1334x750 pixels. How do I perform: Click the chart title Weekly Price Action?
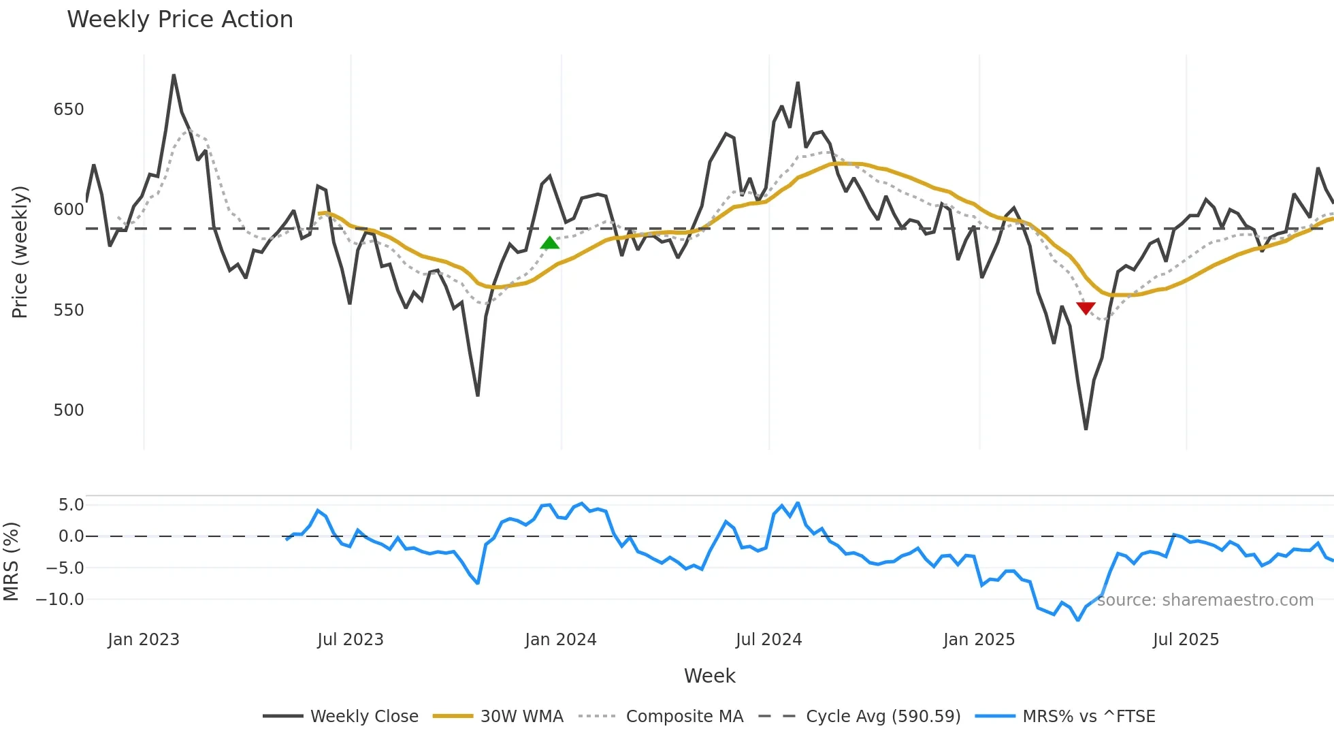click(180, 19)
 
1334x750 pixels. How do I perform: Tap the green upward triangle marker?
click(549, 243)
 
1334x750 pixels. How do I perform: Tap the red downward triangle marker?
click(1086, 308)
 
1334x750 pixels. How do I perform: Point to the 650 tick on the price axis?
click(69, 110)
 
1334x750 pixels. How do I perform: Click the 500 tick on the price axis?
click(69, 410)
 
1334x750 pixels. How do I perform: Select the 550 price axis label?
click(69, 310)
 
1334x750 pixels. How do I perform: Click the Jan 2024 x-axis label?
click(560, 640)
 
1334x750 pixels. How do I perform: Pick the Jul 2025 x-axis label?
click(1186, 640)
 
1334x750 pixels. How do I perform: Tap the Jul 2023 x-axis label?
click(351, 640)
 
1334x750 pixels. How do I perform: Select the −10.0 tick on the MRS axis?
click(60, 600)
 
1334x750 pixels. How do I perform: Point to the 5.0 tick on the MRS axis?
click(71, 505)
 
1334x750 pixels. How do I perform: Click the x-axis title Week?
click(709, 676)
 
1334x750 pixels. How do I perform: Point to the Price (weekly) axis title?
click(20, 252)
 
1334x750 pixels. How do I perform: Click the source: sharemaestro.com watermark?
click(1205, 600)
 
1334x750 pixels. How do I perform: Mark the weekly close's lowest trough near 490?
click(1086, 428)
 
